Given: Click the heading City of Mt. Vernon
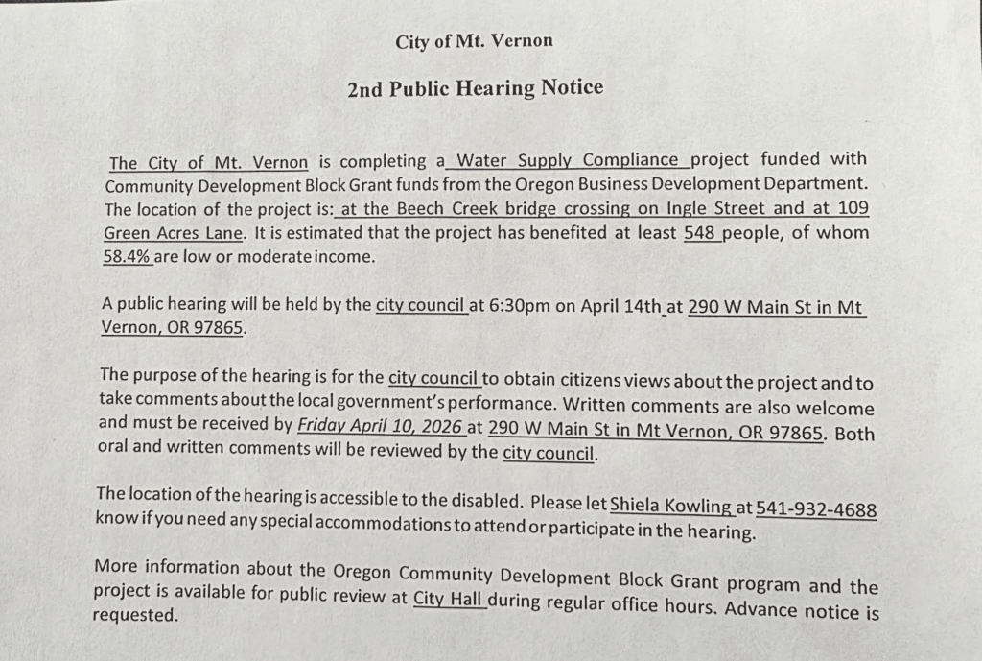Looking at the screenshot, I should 474,41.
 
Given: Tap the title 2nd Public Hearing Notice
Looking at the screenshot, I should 475,88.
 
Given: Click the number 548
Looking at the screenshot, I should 702,232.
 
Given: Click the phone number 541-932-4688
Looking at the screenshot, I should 816,508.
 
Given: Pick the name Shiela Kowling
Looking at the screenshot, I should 671,504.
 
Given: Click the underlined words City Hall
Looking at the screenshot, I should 449,601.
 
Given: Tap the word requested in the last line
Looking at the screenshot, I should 135,615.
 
